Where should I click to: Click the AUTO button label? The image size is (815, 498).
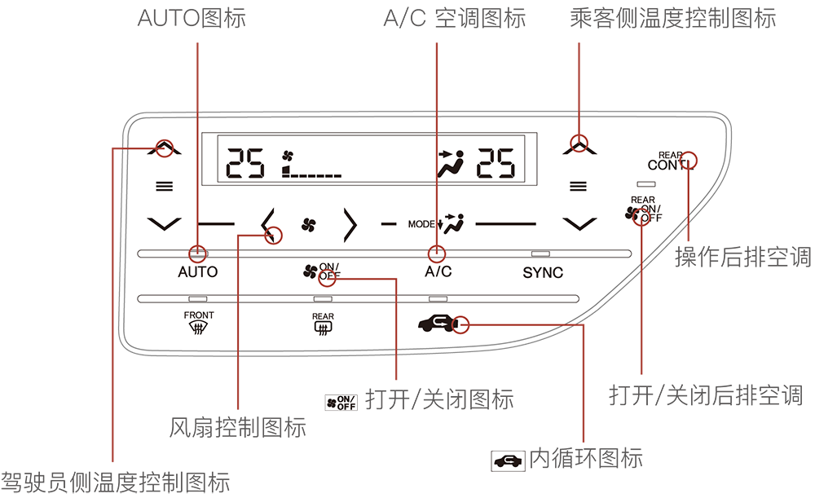tap(198, 272)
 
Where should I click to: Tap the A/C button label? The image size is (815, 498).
tap(438, 272)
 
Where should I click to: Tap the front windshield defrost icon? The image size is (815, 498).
tap(198, 328)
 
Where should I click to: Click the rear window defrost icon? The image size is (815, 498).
tap(323, 328)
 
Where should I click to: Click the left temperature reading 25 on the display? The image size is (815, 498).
tap(246, 164)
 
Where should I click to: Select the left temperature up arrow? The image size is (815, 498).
tap(165, 149)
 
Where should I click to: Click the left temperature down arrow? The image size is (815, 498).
tap(165, 222)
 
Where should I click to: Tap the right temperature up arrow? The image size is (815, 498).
tap(579, 148)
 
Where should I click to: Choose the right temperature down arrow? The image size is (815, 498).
tap(579, 223)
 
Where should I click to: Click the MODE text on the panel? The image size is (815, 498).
tap(421, 223)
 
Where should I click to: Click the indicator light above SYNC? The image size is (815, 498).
tap(540, 253)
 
